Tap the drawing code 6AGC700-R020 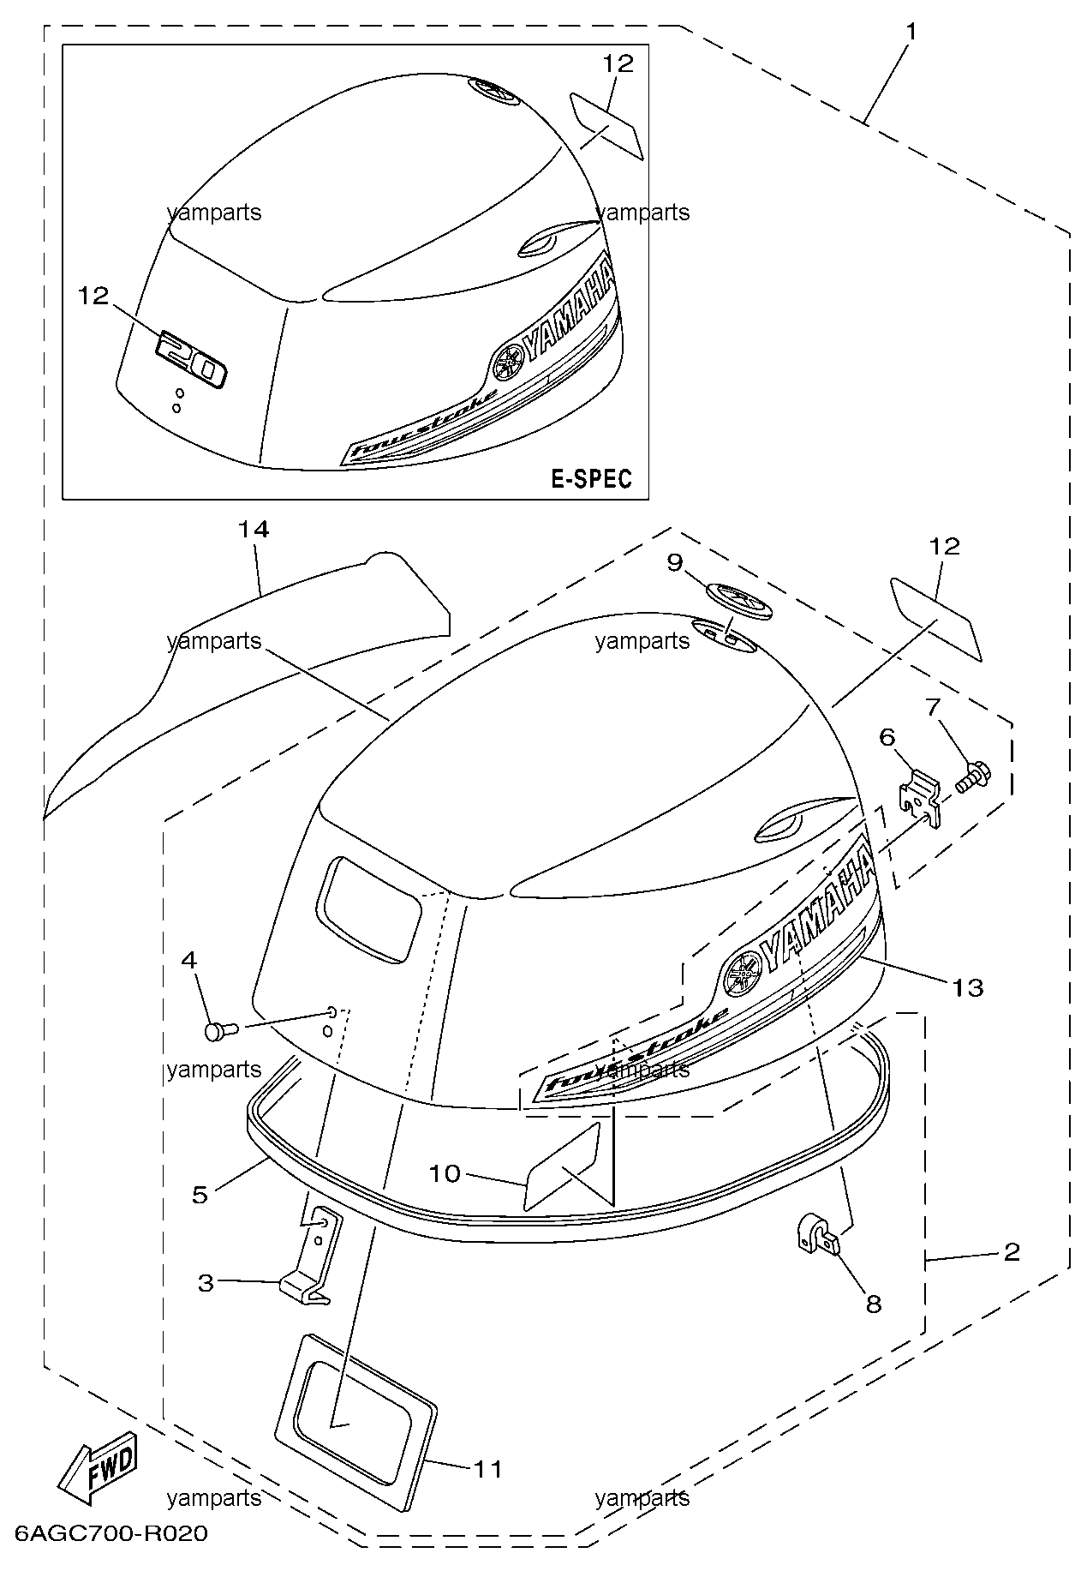pyautogui.click(x=110, y=1534)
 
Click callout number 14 pyautogui.click(x=254, y=530)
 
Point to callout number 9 pyautogui.click(x=675, y=563)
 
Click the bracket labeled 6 pyautogui.click(x=920, y=799)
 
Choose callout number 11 pyautogui.click(x=487, y=1469)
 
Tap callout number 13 pyautogui.click(x=968, y=988)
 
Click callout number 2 pyautogui.click(x=1012, y=1252)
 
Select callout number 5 pyautogui.click(x=200, y=1195)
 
